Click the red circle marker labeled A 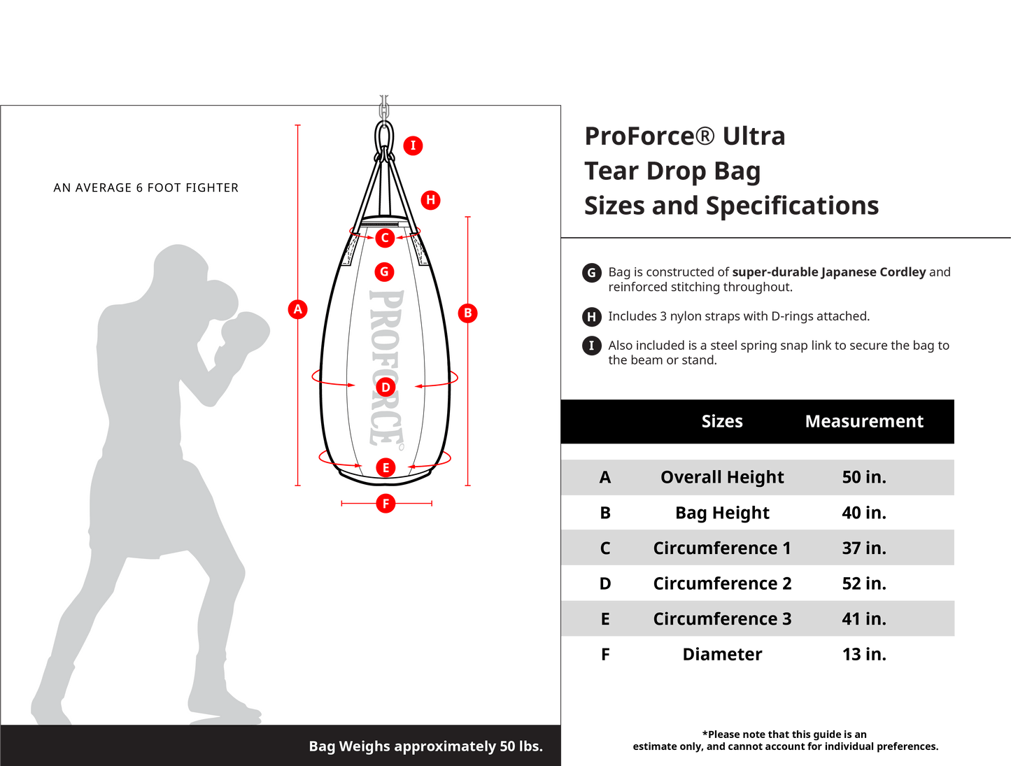coord(298,309)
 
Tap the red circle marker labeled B coord(468,313)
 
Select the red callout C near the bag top coord(385,238)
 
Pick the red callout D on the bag coord(386,388)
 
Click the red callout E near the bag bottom coord(386,468)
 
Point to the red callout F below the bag coord(386,503)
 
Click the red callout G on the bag coord(384,272)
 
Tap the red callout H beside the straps coord(431,200)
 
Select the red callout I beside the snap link coord(413,146)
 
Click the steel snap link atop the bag coord(384,136)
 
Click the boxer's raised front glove coord(246,334)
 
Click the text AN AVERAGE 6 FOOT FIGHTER coord(146,187)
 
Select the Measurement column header coord(864,421)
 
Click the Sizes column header coord(722,421)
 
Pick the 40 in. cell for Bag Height coord(864,513)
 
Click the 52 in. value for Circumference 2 coord(864,583)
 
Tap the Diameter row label coord(722,654)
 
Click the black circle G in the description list coord(592,273)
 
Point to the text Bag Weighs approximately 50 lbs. coord(425,746)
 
